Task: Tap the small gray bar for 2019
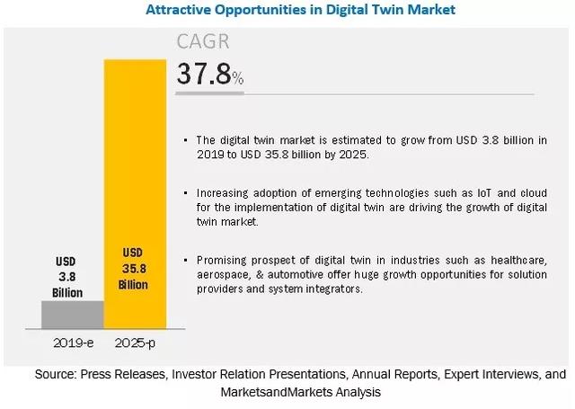[x=72, y=315]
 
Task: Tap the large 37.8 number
[x=203, y=74]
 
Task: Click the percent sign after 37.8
[x=237, y=79]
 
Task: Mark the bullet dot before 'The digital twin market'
[x=185, y=141]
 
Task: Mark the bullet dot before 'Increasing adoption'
[x=185, y=193]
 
